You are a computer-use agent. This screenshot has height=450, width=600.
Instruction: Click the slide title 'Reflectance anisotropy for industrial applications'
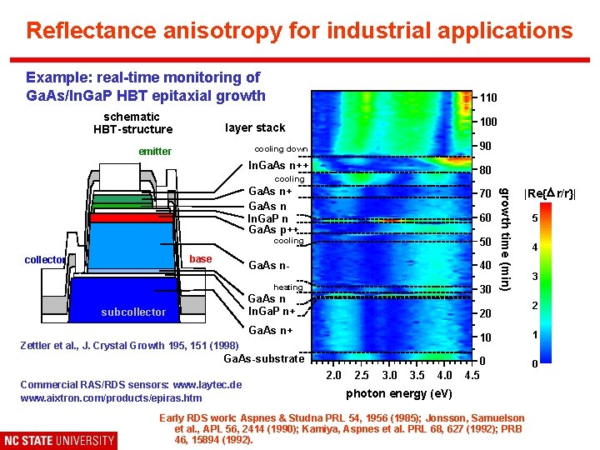[299, 31]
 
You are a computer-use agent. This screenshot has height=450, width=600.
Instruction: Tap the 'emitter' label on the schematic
[155, 152]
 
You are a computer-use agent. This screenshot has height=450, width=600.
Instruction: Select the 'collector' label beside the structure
[45, 260]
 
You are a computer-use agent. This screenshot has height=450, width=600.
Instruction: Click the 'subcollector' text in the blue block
[133, 312]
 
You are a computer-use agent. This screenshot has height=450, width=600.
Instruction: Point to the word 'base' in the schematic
[201, 259]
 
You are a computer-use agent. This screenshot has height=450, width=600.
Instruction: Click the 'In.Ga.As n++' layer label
[279, 165]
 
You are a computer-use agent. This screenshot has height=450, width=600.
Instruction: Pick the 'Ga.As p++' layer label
[273, 230]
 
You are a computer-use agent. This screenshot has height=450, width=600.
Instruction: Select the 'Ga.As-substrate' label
[264, 359]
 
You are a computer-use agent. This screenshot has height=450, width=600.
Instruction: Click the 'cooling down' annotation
[281, 149]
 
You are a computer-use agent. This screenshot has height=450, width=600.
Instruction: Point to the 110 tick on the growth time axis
[488, 98]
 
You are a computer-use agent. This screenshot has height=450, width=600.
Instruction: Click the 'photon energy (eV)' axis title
[399, 393]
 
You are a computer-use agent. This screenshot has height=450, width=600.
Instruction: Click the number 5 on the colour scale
[536, 219]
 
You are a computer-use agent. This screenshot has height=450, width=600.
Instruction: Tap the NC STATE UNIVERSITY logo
[59, 440]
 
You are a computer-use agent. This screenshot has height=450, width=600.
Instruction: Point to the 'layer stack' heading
[255, 127]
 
